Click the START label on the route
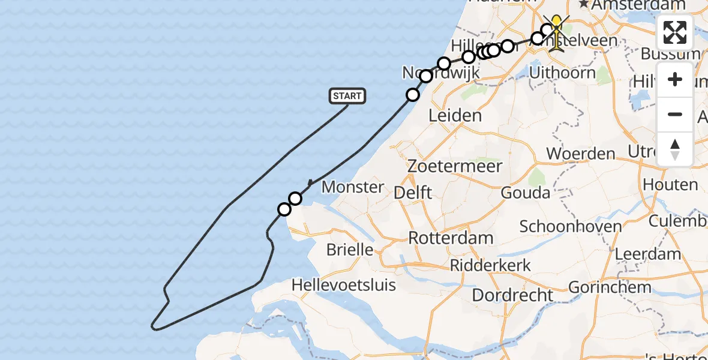point(347,96)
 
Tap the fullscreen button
point(675,32)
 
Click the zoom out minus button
point(675,115)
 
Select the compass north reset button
point(675,149)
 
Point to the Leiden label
point(455,115)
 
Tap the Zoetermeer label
point(454,166)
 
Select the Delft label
point(413,193)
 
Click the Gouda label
point(525,193)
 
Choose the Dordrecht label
point(512,295)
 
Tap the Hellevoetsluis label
point(344,284)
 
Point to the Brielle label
point(350,249)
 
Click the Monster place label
point(353,187)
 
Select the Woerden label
point(581,153)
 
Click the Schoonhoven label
point(570,226)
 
